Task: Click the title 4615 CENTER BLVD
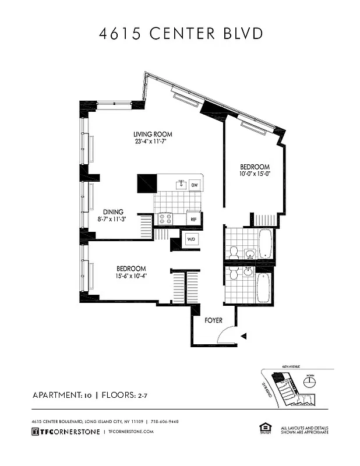pos(180,33)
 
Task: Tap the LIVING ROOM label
pos(153,135)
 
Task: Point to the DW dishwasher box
pos(193,185)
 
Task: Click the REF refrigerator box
pos(193,219)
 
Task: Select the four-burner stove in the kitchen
pos(164,219)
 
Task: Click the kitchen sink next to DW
pos(181,185)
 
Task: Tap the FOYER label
pos(214,320)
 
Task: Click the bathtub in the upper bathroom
pos(264,243)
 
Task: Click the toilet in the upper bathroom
pos(234,252)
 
